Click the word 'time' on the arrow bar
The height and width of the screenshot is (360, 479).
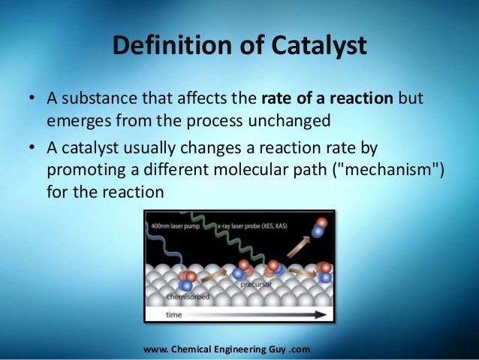174,316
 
